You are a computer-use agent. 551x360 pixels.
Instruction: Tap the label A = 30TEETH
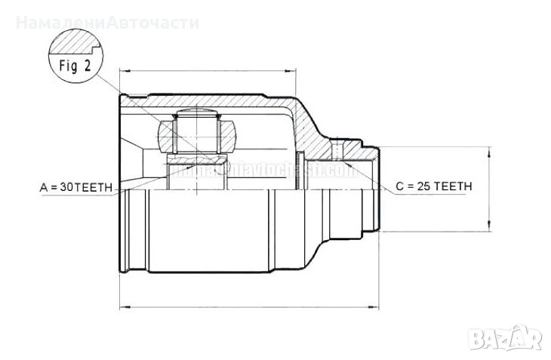coord(76,185)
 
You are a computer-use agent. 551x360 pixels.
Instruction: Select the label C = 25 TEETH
coord(433,186)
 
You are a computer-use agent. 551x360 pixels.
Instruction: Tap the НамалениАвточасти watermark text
coord(108,22)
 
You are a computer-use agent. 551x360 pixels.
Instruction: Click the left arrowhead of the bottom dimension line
coord(124,307)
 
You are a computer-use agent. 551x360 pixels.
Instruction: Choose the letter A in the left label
coord(43,185)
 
